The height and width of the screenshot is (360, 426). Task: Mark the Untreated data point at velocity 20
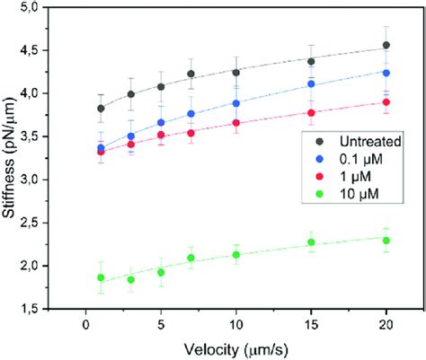click(x=386, y=45)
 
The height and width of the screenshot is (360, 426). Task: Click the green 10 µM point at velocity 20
click(x=386, y=240)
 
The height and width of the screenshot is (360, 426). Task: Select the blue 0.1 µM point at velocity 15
click(x=311, y=84)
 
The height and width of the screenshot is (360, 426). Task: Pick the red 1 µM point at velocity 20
click(x=386, y=102)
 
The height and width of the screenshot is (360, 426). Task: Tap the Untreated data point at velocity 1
click(x=101, y=109)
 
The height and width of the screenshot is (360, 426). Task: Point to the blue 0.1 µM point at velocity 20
click(x=386, y=73)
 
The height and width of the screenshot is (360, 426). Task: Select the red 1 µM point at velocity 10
click(x=236, y=123)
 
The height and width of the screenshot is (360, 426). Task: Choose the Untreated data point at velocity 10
click(x=236, y=72)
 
